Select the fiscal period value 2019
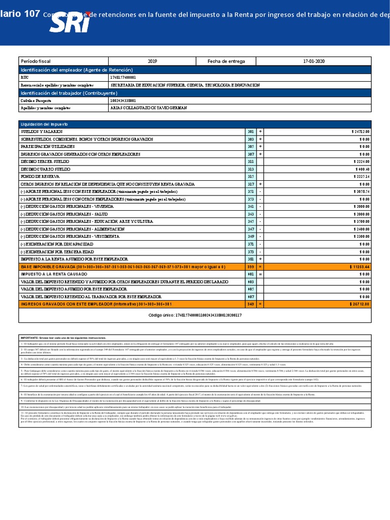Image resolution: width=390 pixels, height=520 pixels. click(152, 61)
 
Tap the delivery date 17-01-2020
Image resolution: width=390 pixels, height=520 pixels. click(313, 61)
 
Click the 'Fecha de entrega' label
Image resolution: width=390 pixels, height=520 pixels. click(226, 61)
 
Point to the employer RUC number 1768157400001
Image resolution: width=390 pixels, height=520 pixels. click(123, 77)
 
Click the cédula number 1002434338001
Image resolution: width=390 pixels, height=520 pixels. click(123, 101)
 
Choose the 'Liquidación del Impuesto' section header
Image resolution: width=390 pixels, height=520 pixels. click(44, 124)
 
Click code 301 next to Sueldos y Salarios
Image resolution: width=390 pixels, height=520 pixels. click(250, 132)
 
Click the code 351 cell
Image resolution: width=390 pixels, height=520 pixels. click(250, 191)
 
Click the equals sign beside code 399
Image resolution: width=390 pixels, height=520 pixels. click(261, 266)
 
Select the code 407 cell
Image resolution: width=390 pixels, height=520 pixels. click(250, 297)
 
